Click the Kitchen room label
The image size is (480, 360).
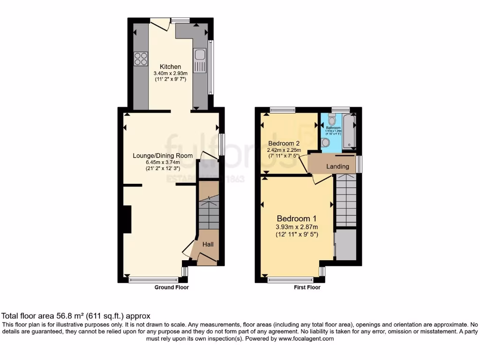pyautogui.click(x=170, y=67)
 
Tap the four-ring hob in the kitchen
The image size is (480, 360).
pyautogui.click(x=140, y=59)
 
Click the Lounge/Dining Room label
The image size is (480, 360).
pyautogui.click(x=163, y=156)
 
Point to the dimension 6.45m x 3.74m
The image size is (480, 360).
pyautogui.click(x=163, y=163)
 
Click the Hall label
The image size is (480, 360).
pyautogui.click(x=208, y=244)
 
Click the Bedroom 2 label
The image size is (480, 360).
pyautogui.click(x=284, y=143)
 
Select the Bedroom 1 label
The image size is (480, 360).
pyautogui.click(x=296, y=218)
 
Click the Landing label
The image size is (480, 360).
pyautogui.click(x=337, y=166)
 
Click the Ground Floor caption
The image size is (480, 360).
pyautogui.click(x=172, y=287)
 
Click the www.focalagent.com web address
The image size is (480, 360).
pyautogui.click(x=305, y=338)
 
